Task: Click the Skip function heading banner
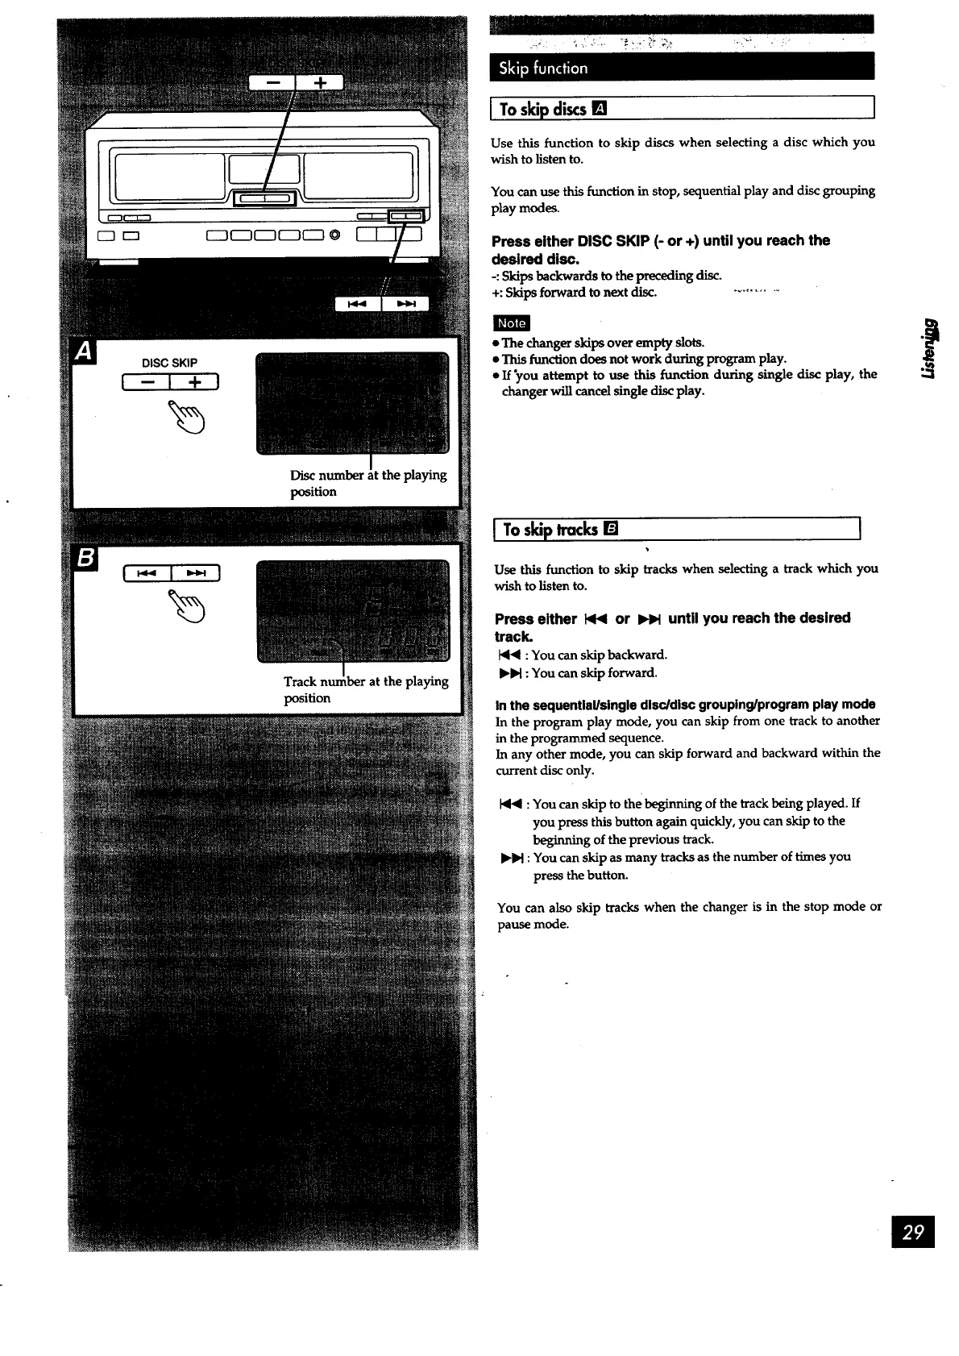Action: pyautogui.click(x=682, y=68)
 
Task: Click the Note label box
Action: pyautogui.click(x=512, y=323)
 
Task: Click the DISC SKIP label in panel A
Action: pyautogui.click(x=169, y=363)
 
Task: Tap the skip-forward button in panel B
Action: pyautogui.click(x=196, y=574)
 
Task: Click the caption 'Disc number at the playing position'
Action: pyautogui.click(x=367, y=483)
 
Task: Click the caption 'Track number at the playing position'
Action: pyautogui.click(x=365, y=689)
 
